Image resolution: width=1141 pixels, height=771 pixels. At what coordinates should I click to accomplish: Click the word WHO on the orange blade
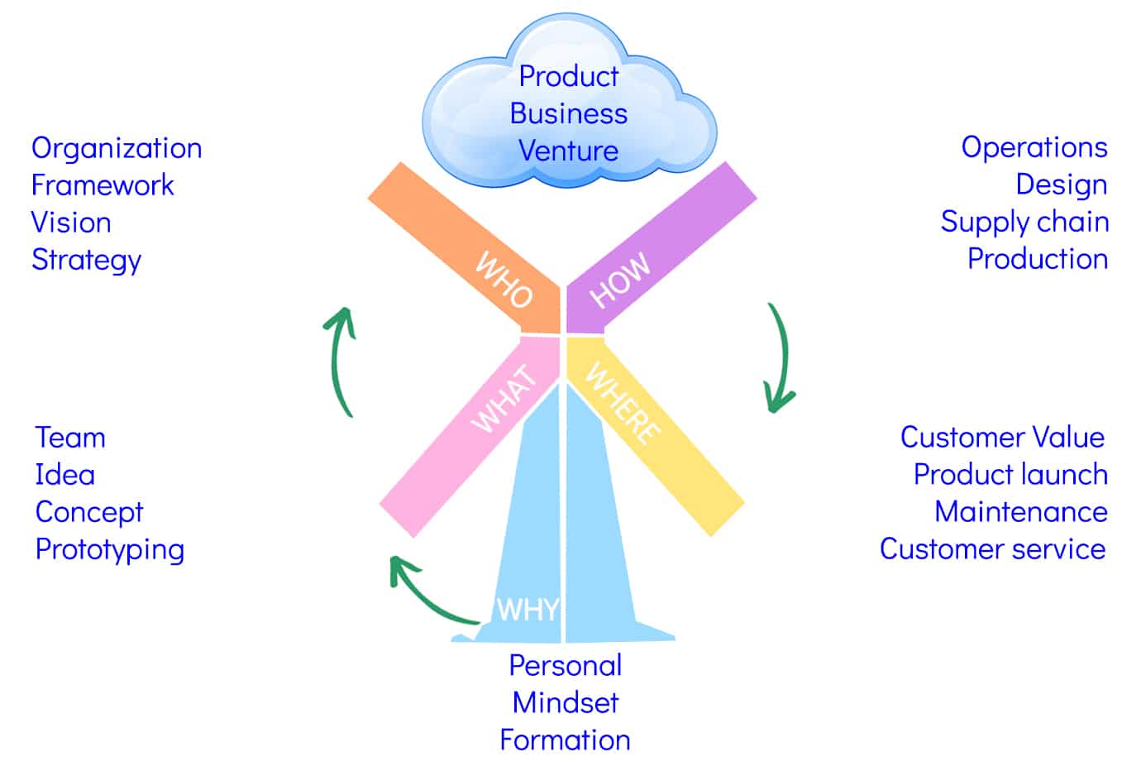coord(504,280)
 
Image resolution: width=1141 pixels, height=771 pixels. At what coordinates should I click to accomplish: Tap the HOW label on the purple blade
coord(620,280)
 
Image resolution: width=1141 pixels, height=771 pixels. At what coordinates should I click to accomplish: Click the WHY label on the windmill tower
coord(528,610)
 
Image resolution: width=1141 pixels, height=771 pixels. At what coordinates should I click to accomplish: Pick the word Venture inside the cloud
coord(568,151)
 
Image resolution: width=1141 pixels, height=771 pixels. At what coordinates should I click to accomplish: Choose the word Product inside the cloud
coord(569,76)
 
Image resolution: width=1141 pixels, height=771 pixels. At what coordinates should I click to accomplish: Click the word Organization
coord(117,148)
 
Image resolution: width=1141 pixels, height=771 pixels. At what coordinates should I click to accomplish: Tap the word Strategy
coord(87,260)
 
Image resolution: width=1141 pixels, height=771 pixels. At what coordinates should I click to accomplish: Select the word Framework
coord(103,185)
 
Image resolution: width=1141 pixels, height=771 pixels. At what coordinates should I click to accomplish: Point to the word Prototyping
coord(110,550)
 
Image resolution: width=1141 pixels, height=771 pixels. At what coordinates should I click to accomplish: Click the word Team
coord(70,438)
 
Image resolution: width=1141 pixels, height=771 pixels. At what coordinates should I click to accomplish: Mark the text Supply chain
coord(1024,222)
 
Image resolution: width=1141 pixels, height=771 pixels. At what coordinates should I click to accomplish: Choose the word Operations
coord(1034,147)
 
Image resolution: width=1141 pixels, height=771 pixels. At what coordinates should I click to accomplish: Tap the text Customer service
coord(992,549)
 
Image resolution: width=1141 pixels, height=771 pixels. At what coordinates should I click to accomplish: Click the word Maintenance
coord(1021,512)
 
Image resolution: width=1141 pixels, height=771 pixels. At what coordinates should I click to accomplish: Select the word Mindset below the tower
coord(566,702)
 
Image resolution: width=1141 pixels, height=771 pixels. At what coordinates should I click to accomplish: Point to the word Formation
coord(566,740)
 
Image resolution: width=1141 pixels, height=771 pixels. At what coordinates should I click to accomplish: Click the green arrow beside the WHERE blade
coord(779,360)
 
